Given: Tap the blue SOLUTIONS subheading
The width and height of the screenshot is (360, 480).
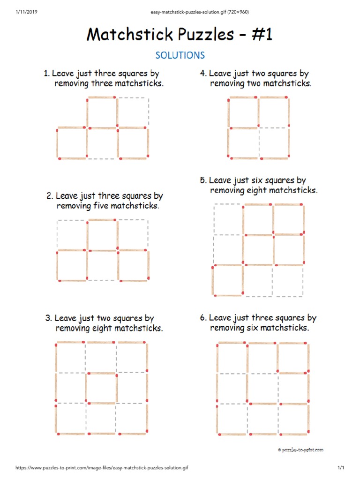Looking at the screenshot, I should (x=180, y=55).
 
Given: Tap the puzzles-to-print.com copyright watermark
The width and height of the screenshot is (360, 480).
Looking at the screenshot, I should (x=300, y=450).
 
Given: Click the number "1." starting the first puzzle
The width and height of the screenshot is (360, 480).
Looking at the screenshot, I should (x=46, y=74).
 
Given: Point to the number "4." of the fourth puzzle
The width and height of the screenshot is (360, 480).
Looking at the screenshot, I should (x=203, y=74).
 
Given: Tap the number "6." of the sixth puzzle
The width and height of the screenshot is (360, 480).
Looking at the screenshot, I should (x=203, y=318).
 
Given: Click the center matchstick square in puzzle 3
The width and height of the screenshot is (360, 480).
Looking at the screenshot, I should (x=101, y=388).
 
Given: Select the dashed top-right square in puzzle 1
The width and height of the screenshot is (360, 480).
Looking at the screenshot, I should (x=132, y=112).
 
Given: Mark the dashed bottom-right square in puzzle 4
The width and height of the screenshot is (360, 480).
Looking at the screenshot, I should (x=273, y=142).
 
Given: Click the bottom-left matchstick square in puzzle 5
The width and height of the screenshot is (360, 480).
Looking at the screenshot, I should (x=228, y=280).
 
